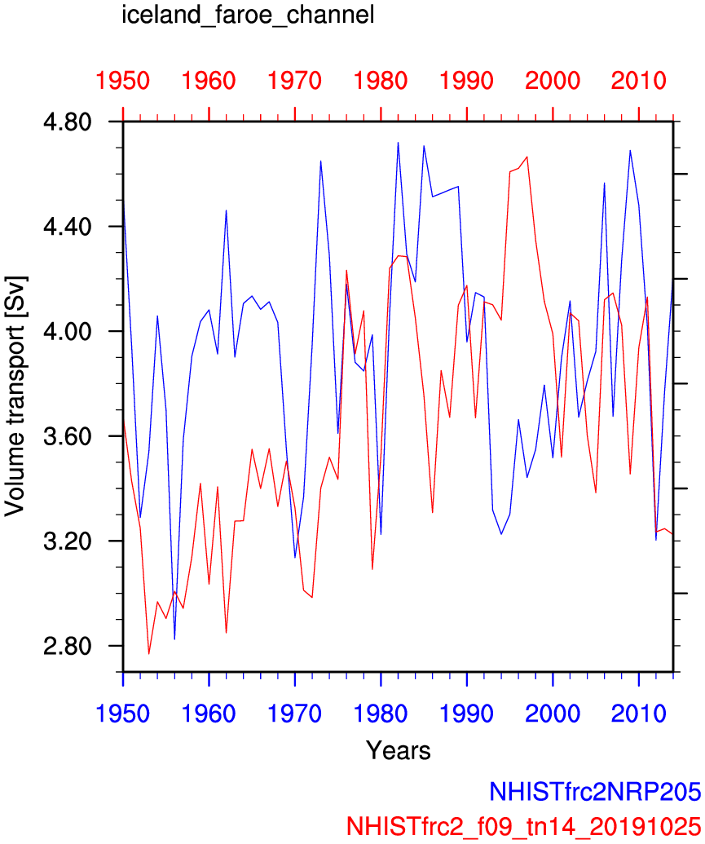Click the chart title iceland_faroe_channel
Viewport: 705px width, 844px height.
(248, 15)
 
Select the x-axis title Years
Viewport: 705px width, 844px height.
(398, 749)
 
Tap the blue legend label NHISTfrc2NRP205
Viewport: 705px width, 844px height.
(594, 791)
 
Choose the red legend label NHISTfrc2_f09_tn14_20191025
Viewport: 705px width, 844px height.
(523, 824)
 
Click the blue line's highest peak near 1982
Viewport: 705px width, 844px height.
(398, 143)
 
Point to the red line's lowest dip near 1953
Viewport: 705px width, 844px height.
(149, 653)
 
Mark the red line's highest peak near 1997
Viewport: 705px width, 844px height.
(527, 157)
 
